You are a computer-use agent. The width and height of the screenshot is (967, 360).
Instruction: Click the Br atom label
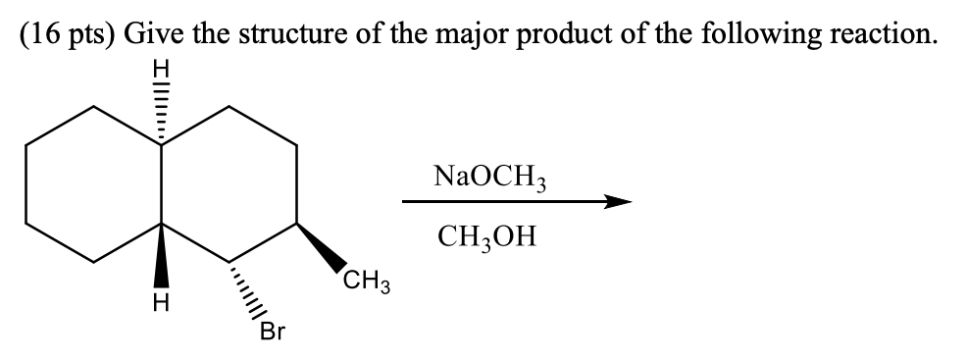(271, 334)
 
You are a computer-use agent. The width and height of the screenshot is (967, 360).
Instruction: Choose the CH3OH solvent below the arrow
(487, 238)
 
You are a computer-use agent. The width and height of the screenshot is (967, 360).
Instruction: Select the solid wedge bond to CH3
(322, 246)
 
